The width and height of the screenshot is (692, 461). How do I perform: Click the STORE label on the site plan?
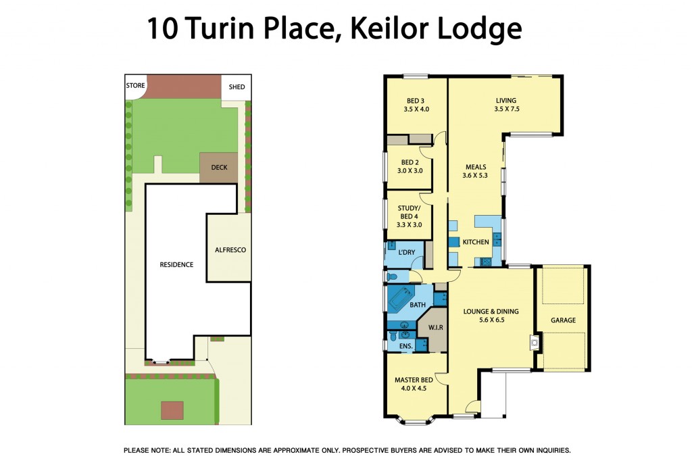(136, 86)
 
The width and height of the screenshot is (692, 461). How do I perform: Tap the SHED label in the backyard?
(237, 87)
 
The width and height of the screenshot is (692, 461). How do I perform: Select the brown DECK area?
(219, 167)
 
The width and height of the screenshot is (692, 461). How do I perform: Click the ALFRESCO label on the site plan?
(230, 250)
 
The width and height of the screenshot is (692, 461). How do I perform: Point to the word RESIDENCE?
(176, 264)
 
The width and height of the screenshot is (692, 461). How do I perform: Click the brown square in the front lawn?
(172, 410)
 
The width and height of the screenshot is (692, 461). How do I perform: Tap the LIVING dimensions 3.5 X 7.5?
(506, 109)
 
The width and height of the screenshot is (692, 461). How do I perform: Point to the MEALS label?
(476, 166)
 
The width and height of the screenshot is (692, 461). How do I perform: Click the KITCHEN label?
(475, 242)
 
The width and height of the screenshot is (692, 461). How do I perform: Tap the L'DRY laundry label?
(406, 252)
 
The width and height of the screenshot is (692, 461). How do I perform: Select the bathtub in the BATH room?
(400, 297)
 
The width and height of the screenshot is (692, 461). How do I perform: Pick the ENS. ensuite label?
(405, 346)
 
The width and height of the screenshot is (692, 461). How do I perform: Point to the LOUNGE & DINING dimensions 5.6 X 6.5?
(491, 320)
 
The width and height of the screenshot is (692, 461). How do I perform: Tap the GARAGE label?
(562, 320)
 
